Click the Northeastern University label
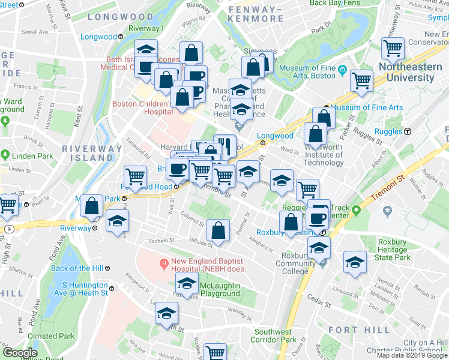pos(410,72)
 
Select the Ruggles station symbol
pos(408,131)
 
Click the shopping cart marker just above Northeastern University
pos(394,47)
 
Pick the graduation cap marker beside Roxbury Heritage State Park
pos(355,262)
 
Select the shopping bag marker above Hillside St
pos(218,230)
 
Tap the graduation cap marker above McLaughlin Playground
pos(188,284)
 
